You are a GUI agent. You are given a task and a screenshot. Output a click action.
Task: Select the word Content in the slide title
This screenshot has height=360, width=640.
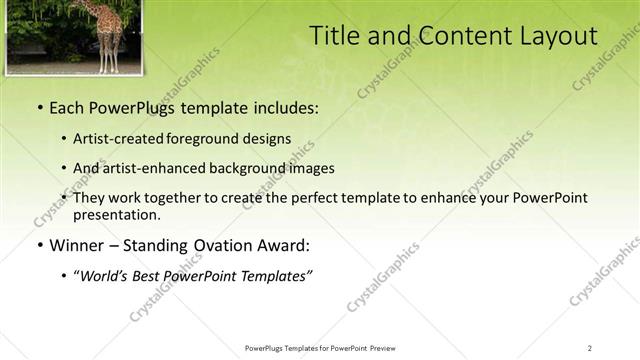(460, 36)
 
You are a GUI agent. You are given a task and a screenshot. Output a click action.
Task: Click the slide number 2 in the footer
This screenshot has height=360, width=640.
(590, 347)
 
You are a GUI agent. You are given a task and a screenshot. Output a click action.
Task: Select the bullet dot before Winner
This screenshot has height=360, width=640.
(39, 245)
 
